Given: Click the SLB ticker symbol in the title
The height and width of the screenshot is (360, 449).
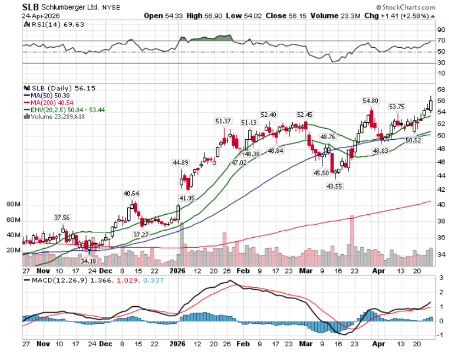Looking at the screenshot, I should click(x=31, y=7).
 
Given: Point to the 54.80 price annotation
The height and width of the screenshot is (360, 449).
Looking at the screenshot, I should click(x=371, y=101).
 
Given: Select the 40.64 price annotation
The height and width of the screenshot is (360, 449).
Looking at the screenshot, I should click(x=131, y=193).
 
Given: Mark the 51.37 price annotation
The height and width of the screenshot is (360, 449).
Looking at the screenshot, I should click(x=223, y=121).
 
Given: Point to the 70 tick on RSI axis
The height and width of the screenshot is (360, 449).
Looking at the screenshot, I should click(x=441, y=41).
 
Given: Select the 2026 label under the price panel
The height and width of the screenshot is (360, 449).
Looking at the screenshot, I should click(x=179, y=271).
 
